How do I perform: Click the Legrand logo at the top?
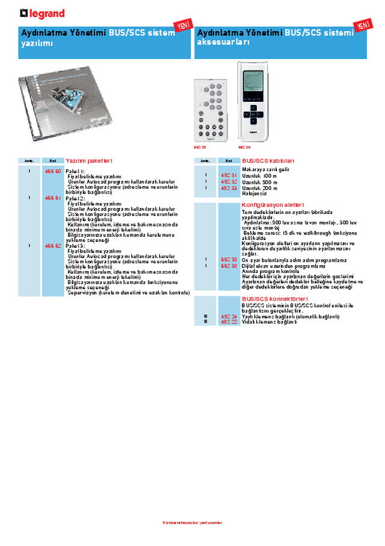tap(42, 13)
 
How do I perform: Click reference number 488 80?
tap(53, 172)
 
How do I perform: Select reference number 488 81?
tap(53, 198)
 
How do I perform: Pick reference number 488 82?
tap(53, 246)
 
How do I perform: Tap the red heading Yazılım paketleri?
tap(89, 161)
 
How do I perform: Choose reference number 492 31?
tap(229, 176)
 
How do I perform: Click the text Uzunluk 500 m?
tap(259, 182)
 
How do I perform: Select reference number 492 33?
tap(229, 188)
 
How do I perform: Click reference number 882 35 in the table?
tap(229, 260)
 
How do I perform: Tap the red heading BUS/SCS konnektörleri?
tap(275, 299)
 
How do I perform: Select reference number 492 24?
tap(229, 316)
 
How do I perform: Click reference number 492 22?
tap(229, 322)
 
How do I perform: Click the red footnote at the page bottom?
tap(192, 522)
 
